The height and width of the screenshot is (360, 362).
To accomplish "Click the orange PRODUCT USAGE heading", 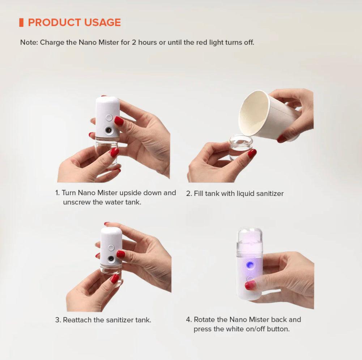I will coord(74,22).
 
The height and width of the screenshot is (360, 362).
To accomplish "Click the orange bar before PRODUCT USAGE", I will coord(21,22).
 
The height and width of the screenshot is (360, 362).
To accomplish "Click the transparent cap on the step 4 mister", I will coord(250,239).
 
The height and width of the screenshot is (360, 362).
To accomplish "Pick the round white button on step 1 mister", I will coord(108,117).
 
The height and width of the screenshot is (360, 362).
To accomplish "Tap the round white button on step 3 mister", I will coord(111,248).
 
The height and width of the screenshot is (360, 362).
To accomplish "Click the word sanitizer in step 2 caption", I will coord(269,193).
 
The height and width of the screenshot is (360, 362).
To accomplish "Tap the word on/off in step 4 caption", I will coord(252,329).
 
